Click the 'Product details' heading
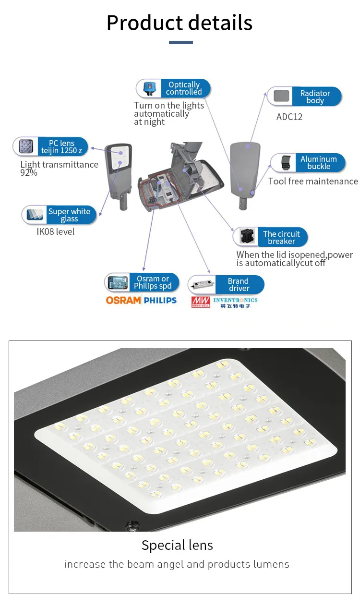180,23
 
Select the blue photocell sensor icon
149,88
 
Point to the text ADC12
289,117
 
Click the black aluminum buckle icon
285,163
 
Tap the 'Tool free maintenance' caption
313,181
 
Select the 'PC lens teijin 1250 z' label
62,146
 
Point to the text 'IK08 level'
55,231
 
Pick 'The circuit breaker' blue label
282,237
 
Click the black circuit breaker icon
247,236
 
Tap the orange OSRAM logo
123,300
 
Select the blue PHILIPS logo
160,300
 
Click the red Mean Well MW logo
201,302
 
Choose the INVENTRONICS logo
235,303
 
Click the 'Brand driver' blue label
239,284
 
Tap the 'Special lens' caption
177,545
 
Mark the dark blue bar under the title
180,42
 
